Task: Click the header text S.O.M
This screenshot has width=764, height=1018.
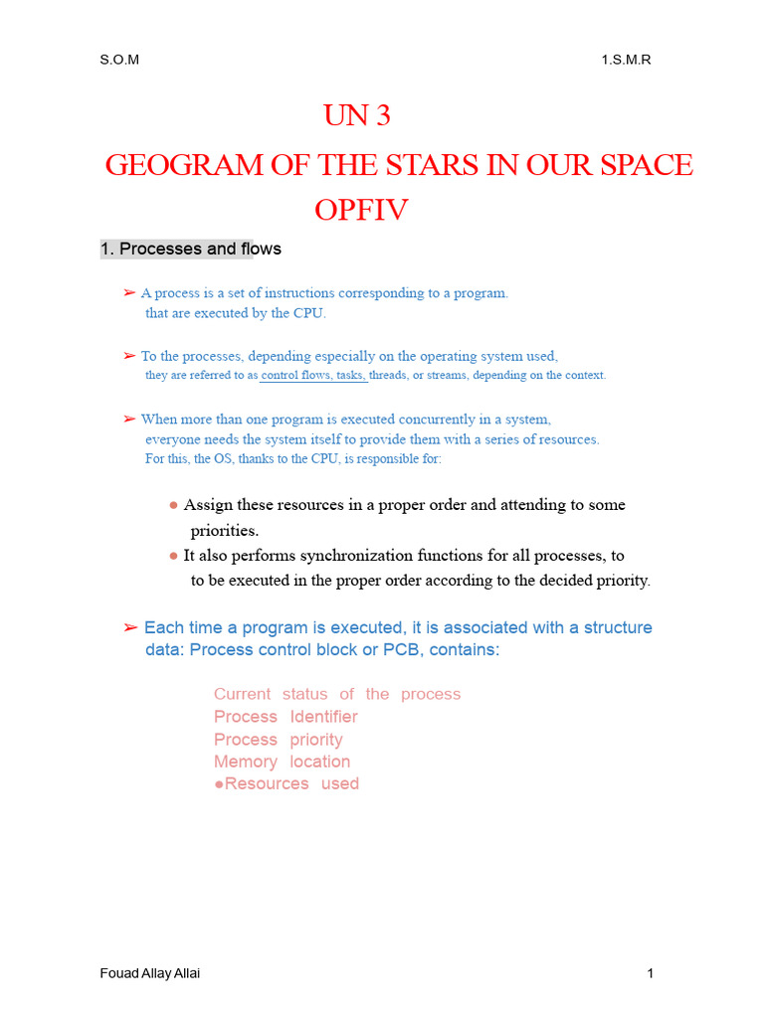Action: (x=119, y=60)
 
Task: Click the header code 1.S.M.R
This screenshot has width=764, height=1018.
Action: (x=626, y=60)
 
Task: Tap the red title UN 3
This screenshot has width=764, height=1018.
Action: (x=357, y=117)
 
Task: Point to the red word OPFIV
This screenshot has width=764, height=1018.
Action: (x=361, y=211)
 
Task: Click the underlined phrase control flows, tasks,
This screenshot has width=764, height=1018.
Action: (x=313, y=375)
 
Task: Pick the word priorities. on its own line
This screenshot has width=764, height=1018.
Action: (x=225, y=531)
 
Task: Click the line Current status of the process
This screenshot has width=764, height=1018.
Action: (x=337, y=694)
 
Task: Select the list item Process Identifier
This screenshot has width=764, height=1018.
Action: (x=286, y=717)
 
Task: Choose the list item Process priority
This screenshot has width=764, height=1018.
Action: (x=279, y=740)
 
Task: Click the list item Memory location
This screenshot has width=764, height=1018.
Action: (x=283, y=762)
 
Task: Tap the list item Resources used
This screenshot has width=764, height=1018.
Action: (x=287, y=783)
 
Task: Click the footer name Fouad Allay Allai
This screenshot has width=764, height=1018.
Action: (x=150, y=973)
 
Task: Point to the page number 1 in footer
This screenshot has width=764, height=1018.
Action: (x=650, y=973)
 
